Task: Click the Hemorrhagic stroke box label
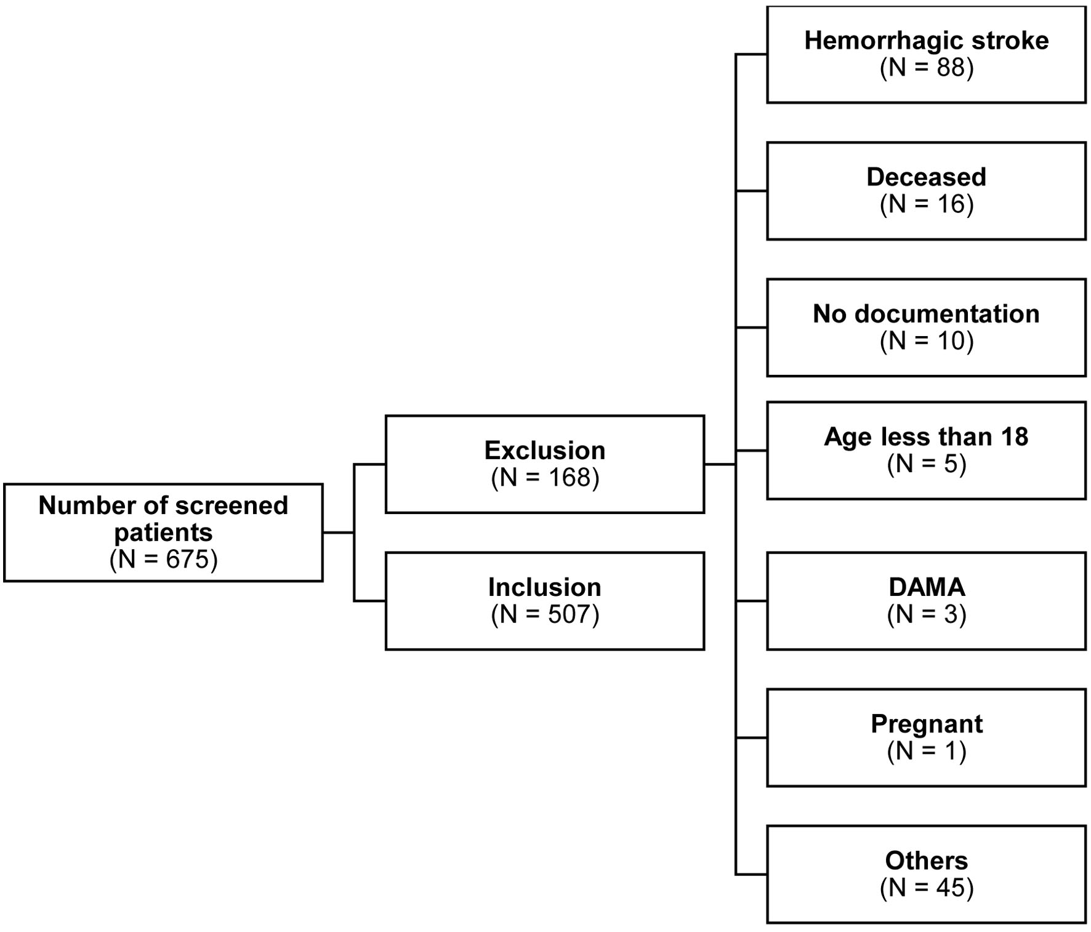click(x=927, y=41)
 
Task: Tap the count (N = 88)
click(x=927, y=68)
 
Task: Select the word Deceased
click(x=927, y=177)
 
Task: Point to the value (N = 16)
click(x=927, y=204)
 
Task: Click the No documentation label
click(x=927, y=314)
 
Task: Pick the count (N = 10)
click(x=927, y=341)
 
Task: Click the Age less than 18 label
click(x=927, y=437)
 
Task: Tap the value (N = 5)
click(x=927, y=464)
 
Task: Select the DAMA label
click(x=927, y=587)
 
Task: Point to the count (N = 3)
click(x=927, y=614)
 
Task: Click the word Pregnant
click(x=927, y=725)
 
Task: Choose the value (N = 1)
click(x=927, y=751)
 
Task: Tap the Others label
click(x=927, y=861)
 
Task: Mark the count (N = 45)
click(x=927, y=888)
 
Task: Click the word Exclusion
click(x=545, y=451)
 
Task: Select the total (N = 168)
click(x=545, y=478)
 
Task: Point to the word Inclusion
click(x=545, y=587)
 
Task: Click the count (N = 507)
click(x=545, y=614)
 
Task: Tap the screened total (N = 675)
click(x=164, y=560)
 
